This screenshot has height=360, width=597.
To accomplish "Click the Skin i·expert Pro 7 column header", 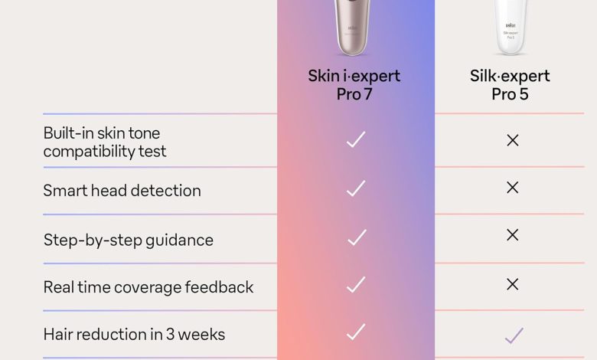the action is coord(354,85).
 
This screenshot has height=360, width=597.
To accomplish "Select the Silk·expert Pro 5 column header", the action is coord(510,85).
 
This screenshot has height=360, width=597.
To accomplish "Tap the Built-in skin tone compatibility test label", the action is coord(105,142).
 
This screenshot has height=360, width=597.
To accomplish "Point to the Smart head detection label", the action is coord(122,191).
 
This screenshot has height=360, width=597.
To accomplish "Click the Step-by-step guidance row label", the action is coord(129,241).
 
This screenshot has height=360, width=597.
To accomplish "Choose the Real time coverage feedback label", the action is coord(148,287).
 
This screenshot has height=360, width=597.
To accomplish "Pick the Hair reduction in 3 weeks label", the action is coord(134,335).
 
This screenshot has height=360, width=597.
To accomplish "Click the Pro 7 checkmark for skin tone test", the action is coord(356,139).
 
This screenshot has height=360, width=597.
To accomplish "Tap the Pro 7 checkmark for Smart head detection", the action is coord(356,188).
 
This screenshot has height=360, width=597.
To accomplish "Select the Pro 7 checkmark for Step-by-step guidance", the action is coord(357,237).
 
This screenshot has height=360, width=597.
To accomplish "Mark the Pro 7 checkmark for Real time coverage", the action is coord(357,285).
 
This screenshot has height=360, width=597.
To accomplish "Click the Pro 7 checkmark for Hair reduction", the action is coord(357,332).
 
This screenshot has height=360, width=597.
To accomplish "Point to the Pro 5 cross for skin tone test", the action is coord(513,141).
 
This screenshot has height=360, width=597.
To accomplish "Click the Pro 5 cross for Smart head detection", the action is coord(513,188).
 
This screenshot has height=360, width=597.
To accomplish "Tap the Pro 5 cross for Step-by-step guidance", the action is coord(513,235).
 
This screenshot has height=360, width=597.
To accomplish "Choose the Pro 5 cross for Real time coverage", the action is coord(513,284).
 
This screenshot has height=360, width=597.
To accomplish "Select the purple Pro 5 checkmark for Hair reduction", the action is coord(514,335).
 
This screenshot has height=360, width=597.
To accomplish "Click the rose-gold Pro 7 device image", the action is coord(352,27).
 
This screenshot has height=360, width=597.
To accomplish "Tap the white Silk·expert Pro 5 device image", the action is coord(511,27).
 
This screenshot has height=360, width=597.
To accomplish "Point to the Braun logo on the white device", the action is coord(511,25).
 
